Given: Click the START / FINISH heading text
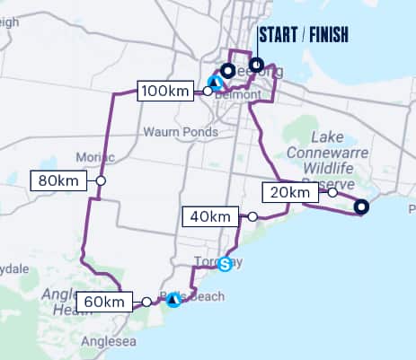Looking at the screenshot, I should tap(302, 36).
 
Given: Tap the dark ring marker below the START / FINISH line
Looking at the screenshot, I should tap(257, 64).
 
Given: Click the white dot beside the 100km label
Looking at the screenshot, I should tap(208, 91).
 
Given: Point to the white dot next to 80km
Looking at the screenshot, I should tap(102, 181).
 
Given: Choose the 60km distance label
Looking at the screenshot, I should tap(102, 302).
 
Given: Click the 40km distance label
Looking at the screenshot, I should tap(209, 216).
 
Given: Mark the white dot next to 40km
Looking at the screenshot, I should tap(253, 216).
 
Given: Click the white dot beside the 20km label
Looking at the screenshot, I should tap(332, 192).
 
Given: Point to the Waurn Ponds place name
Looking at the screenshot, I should tap(180, 132).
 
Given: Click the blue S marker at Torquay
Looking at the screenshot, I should tap(226, 263).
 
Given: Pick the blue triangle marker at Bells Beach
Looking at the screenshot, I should tap(173, 299).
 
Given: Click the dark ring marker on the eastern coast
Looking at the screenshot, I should tap(361, 207).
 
